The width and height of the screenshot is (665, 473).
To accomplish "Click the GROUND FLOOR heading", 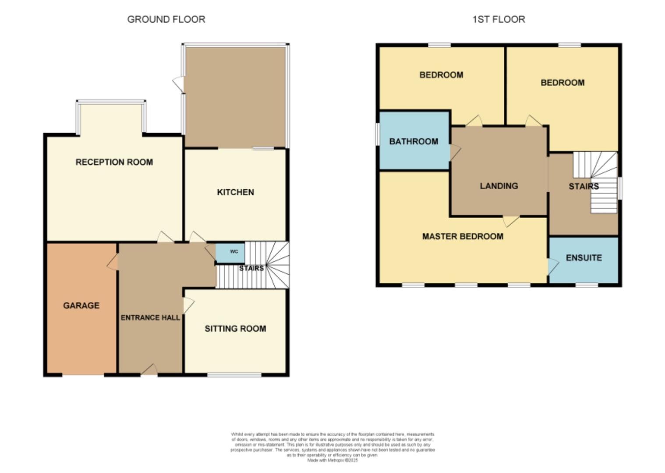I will [x=166, y=19].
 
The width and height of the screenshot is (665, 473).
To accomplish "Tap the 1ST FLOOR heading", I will [x=499, y=19].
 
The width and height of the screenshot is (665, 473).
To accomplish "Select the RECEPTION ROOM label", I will [x=114, y=162].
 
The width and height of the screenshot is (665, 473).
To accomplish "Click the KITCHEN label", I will [x=235, y=192].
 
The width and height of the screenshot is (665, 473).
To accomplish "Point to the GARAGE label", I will [x=81, y=306].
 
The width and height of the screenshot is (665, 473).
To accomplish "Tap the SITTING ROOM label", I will [x=235, y=329].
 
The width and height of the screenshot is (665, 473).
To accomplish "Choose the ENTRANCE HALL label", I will [x=150, y=318].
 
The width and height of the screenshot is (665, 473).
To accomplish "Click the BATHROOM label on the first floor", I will [x=414, y=141].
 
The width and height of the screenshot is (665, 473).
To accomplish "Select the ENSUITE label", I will [x=584, y=258].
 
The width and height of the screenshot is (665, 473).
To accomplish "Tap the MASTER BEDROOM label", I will [x=463, y=236].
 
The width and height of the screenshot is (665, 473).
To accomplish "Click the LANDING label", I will [x=499, y=186].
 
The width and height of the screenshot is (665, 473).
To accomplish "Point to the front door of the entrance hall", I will [x=149, y=371].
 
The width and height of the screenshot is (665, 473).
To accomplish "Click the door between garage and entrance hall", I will [x=113, y=262].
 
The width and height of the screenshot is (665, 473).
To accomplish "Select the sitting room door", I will [x=188, y=305].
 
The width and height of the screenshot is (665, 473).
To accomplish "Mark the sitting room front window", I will [x=234, y=375].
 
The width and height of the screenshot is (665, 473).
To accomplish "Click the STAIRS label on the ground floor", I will [x=251, y=268].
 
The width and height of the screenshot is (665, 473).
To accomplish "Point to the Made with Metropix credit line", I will [x=332, y=460].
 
